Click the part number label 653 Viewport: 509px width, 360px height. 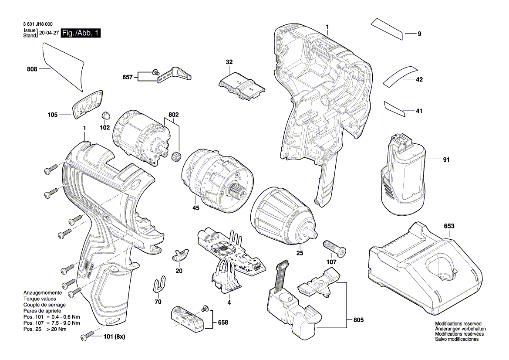(x=449, y=226)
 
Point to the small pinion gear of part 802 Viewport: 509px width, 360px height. (x=177, y=156)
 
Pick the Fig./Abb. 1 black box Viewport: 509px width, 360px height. (x=81, y=33)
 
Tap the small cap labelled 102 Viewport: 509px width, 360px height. (x=105, y=115)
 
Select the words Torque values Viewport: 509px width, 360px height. (x=39, y=299)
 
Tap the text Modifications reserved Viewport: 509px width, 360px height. (x=458, y=324)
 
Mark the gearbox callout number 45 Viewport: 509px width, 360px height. (x=196, y=208)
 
